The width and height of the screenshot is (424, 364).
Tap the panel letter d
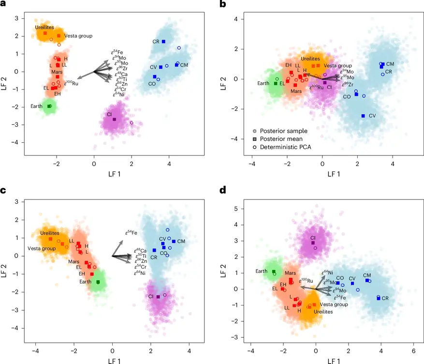click(223, 190)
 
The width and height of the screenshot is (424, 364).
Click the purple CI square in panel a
click(115, 119)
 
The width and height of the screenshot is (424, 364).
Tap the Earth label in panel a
click(37, 106)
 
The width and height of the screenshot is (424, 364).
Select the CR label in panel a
click(156, 42)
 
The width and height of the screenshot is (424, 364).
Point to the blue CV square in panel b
click(363, 116)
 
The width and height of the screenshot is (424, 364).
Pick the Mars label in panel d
click(290, 273)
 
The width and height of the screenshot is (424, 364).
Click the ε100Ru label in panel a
click(71, 83)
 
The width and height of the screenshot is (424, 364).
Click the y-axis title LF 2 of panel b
click(223, 79)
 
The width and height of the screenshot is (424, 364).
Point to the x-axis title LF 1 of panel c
click(112, 360)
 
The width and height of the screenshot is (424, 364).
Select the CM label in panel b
click(390, 64)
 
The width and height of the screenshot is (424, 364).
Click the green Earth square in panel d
click(274, 272)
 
